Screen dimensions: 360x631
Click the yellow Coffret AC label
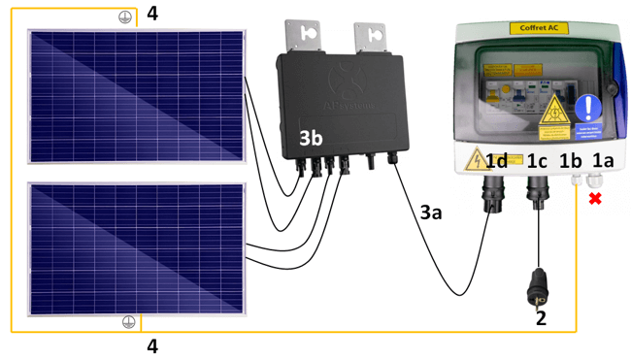pyautogui.click(x=539, y=29)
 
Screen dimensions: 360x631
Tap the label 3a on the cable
pyautogui.click(x=430, y=212)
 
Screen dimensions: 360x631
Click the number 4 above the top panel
pyautogui.click(x=151, y=14)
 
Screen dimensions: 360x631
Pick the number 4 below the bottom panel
pyautogui.click(x=151, y=345)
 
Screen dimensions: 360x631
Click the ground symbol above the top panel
pyautogui.click(x=124, y=17)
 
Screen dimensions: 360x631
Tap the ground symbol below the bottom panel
pyautogui.click(x=128, y=322)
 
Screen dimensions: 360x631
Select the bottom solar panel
pyautogui.click(x=137, y=247)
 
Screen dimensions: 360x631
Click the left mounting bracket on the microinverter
pyautogui.click(x=310, y=36)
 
